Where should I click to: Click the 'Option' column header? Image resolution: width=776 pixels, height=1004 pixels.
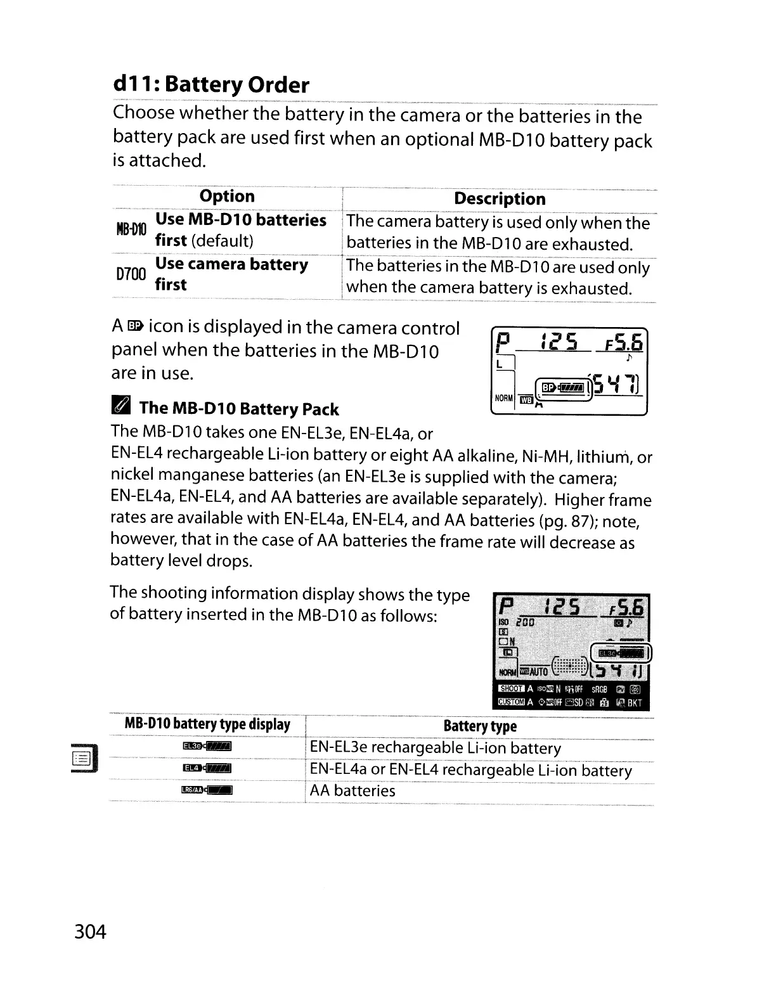[226, 196]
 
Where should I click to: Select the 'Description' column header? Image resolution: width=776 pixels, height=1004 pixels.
[500, 199]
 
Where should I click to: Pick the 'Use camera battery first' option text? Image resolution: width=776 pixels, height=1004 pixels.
[231, 274]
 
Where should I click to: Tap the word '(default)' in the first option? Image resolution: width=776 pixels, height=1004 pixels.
[222, 241]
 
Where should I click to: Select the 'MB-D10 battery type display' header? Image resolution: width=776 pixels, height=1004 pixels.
[207, 724]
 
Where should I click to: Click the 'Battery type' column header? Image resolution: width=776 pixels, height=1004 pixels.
[480, 726]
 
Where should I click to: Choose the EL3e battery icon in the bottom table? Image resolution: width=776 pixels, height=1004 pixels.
[207, 747]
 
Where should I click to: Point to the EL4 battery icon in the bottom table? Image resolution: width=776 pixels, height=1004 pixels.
[207, 769]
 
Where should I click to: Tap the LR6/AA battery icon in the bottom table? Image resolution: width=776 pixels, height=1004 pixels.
[207, 790]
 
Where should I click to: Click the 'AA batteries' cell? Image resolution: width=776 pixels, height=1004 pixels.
[352, 791]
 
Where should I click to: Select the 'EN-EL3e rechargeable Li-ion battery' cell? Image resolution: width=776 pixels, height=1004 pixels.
[436, 749]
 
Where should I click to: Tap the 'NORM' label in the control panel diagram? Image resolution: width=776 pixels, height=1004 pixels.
[503, 399]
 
